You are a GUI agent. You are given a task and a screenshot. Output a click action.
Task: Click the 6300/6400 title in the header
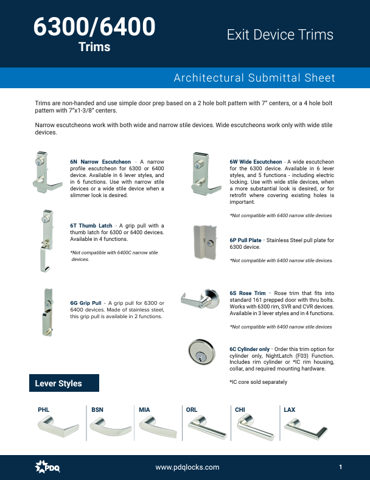(x=94, y=27)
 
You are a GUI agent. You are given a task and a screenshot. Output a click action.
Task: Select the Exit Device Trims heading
(x=280, y=35)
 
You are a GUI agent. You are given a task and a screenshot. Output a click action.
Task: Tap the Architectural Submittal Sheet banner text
(x=254, y=78)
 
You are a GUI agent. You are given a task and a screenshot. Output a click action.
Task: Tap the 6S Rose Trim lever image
(x=201, y=300)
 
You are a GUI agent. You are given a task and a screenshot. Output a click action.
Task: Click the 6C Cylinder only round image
(x=202, y=353)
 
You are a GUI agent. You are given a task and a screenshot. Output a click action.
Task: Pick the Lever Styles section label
(x=58, y=383)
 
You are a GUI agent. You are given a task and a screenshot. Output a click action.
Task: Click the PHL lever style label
(x=44, y=410)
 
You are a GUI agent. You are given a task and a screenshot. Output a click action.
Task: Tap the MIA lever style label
(x=144, y=410)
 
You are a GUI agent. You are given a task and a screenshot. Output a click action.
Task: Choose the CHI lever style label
(x=240, y=410)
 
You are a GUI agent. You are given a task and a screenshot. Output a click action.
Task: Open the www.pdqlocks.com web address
(x=187, y=467)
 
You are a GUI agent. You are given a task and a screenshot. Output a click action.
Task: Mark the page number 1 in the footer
(x=341, y=467)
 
